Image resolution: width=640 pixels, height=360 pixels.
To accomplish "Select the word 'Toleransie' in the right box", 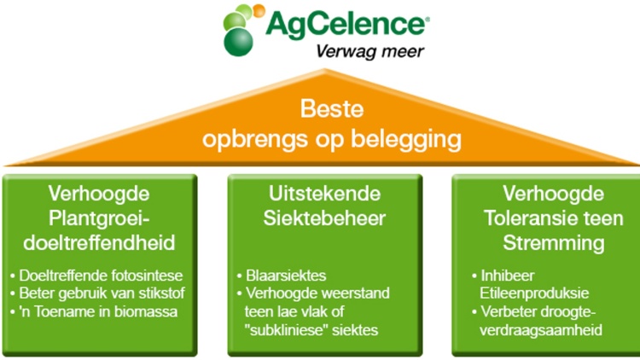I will click(x=531, y=218).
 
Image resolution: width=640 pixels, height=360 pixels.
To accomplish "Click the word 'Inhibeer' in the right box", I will click(x=503, y=276).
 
